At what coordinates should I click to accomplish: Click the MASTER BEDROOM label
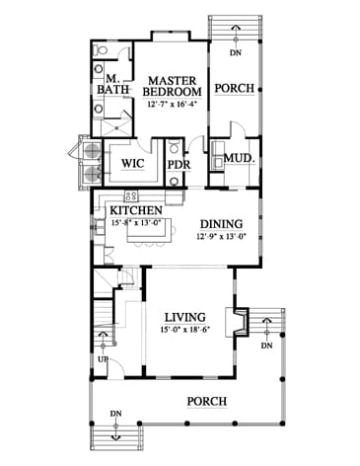tap(172, 86)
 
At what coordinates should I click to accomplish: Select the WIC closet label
tap(132, 163)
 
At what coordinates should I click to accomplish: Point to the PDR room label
tap(180, 164)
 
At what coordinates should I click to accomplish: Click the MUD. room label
tap(240, 158)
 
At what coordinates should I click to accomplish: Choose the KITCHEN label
tap(136, 210)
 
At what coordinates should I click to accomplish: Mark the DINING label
tap(222, 224)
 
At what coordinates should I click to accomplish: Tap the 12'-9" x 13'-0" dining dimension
tap(222, 236)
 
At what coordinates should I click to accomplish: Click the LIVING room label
tap(185, 317)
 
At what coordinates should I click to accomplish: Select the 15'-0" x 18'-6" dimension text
tap(185, 330)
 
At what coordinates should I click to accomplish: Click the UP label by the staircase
tap(104, 359)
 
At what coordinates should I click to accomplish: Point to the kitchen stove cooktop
tap(131, 196)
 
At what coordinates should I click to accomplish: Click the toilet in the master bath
tap(101, 50)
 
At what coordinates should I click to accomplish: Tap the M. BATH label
tap(112, 84)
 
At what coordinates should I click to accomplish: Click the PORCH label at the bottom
tap(207, 401)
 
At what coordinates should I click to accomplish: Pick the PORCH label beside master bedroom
tap(235, 88)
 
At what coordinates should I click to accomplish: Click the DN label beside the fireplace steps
tap(267, 346)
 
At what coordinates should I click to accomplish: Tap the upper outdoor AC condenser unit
tap(92, 150)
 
